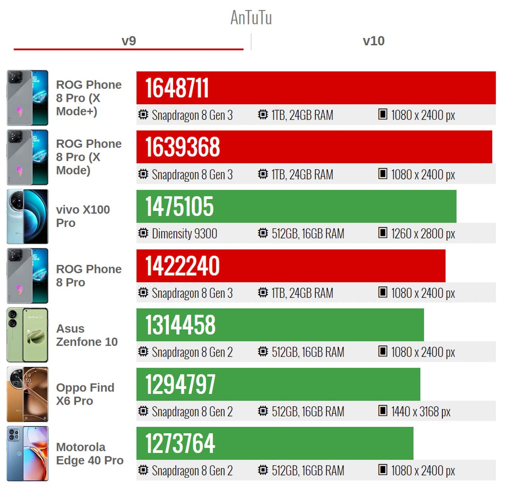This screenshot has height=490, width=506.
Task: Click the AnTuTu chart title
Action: pyautogui.click(x=251, y=18)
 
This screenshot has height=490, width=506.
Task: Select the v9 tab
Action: pyautogui.click(x=128, y=41)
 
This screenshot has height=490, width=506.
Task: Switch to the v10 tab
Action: pyautogui.click(x=374, y=41)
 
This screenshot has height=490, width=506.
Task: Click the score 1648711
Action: pyautogui.click(x=177, y=88)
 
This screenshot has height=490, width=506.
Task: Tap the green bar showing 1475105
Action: pyautogui.click(x=296, y=207)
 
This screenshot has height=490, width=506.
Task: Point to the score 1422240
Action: pyautogui.click(x=182, y=266)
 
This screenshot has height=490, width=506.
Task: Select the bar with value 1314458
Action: pyautogui.click(x=280, y=325)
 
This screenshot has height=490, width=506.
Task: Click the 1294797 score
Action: pyautogui.click(x=180, y=384)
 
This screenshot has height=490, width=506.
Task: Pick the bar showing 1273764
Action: pyautogui.click(x=275, y=443)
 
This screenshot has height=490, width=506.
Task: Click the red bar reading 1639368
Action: pyautogui.click(x=314, y=147)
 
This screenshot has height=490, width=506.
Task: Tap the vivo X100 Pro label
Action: pyautogui.click(x=83, y=216)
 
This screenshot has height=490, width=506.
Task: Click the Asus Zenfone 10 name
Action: pyautogui.click(x=87, y=335)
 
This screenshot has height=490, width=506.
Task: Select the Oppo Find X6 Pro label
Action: pyautogui.click(x=85, y=394)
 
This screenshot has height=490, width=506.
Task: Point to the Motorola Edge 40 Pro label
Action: pyautogui.click(x=90, y=453)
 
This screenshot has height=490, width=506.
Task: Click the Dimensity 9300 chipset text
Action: pyautogui.click(x=184, y=234)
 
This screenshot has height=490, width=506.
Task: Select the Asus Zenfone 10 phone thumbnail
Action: pyautogui.click(x=27, y=335)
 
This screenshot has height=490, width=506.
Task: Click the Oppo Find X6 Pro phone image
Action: pyautogui.click(x=27, y=394)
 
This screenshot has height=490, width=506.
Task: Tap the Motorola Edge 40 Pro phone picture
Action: pyautogui.click(x=27, y=453)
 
